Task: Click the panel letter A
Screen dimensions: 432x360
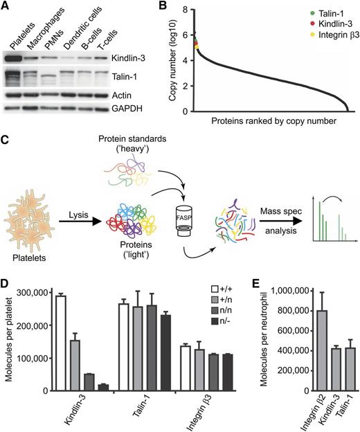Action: (7, 6)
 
